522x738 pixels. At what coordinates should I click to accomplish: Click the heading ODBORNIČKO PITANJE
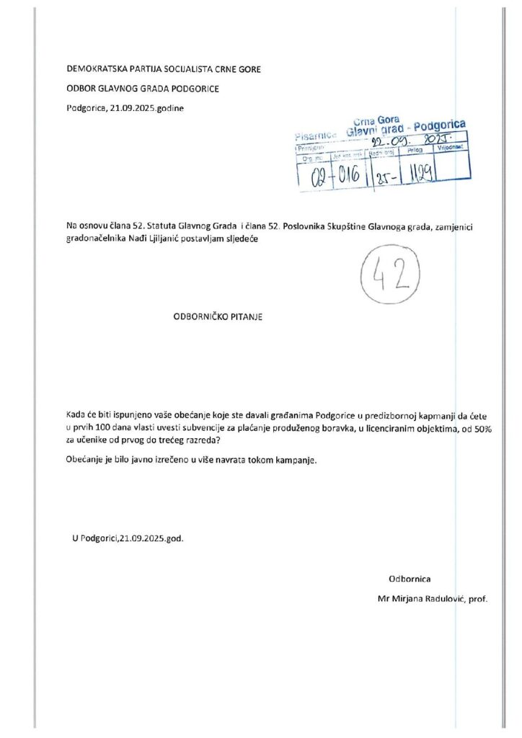pyautogui.click(x=214, y=316)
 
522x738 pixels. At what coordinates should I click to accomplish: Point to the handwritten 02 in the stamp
pyautogui.click(x=314, y=177)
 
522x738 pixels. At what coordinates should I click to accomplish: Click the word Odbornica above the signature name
pyautogui.click(x=410, y=579)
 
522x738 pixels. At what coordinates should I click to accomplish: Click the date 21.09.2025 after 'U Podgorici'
pyautogui.click(x=143, y=538)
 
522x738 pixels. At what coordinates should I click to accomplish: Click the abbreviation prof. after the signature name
pyautogui.click(x=478, y=598)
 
